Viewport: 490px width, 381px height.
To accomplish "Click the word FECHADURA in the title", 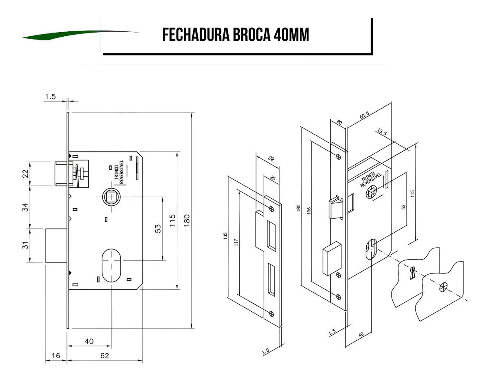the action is click(196, 35).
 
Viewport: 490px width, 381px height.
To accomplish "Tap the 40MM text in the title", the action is click(292, 35).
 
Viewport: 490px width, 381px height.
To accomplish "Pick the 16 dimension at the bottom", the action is click(56, 356).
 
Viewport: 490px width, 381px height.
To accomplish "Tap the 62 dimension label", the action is click(105, 356).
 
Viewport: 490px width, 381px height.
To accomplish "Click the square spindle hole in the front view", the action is click(111, 197).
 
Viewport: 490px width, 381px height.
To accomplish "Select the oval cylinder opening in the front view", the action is click(111, 265).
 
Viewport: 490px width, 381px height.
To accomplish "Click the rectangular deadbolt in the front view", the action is click(56, 246).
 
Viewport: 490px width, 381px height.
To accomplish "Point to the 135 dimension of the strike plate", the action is click(225, 236).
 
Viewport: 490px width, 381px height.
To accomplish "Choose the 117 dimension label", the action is click(236, 242).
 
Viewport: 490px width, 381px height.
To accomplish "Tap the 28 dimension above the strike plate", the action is click(271, 159).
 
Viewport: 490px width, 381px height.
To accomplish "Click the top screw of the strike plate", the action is click(272, 209).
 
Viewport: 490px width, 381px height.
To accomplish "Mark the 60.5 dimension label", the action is click(364, 115).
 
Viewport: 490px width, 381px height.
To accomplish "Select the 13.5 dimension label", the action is click(382, 132).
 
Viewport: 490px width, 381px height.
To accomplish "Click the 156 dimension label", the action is click(309, 211).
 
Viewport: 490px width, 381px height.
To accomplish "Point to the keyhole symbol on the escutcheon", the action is click(412, 273).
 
